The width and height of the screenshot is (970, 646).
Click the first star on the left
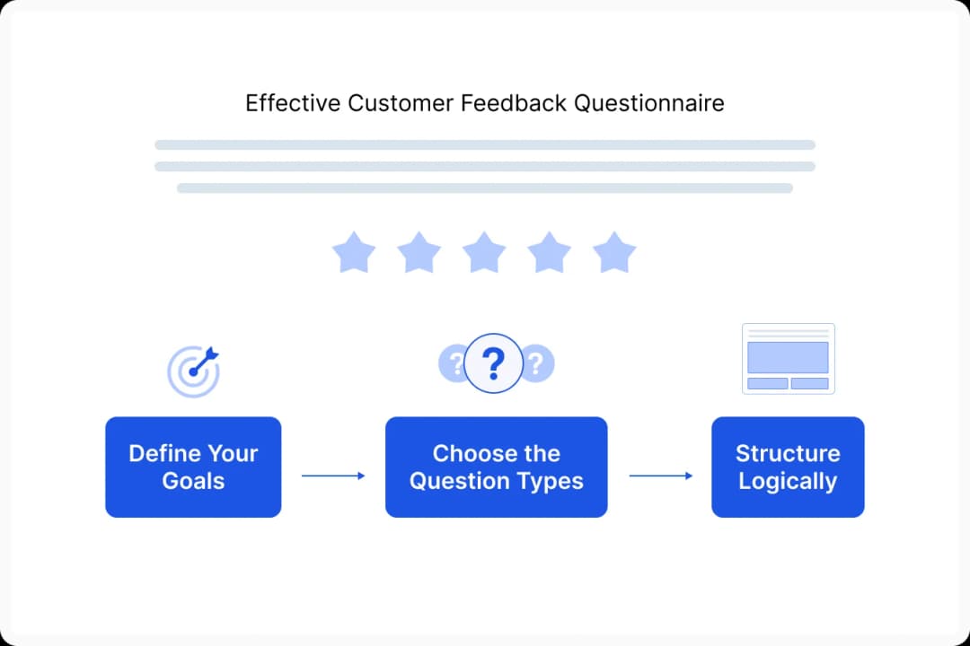(x=354, y=252)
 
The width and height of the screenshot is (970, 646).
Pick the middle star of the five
(x=484, y=252)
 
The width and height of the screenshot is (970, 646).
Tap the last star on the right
(x=614, y=252)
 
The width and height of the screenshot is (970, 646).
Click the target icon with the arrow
(x=193, y=371)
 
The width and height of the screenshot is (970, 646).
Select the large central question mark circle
(x=493, y=363)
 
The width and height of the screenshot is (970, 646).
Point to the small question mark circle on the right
(x=537, y=363)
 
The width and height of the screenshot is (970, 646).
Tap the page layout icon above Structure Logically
(x=788, y=358)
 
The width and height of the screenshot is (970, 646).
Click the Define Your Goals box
(x=193, y=467)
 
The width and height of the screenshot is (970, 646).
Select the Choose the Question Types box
(x=496, y=467)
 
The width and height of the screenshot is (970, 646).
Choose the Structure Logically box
(x=788, y=467)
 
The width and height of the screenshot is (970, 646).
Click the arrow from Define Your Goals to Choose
(x=333, y=476)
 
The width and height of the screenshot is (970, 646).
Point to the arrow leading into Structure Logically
(x=660, y=476)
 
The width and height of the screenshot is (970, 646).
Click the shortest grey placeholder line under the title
(x=484, y=188)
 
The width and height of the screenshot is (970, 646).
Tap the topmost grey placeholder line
(x=484, y=144)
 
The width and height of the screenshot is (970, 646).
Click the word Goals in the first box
(x=193, y=481)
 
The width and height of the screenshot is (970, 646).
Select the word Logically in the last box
(x=788, y=481)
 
